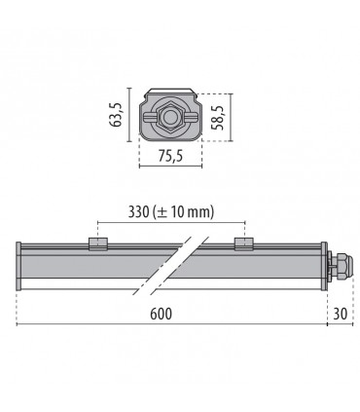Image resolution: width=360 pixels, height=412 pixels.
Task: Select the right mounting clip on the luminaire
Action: click(240, 243)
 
